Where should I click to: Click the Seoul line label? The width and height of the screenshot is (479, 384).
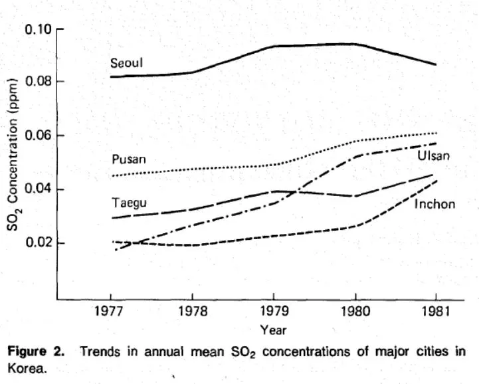point(127,63)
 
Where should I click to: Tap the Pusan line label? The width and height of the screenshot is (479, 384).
point(129,159)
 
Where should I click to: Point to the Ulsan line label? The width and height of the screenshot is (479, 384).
point(434,156)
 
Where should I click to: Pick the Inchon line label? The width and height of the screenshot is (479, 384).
point(434,203)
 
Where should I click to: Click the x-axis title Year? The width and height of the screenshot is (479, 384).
point(273,330)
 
